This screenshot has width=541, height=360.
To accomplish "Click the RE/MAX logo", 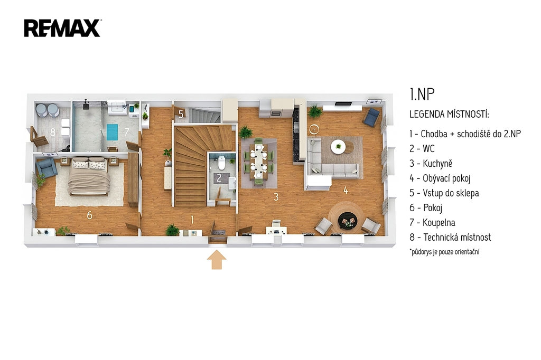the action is [62, 28].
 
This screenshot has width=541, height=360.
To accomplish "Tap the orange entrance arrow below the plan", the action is [217, 260].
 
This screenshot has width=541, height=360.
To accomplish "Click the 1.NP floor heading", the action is [422, 94].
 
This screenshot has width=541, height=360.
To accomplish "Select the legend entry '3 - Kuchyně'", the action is [431, 164].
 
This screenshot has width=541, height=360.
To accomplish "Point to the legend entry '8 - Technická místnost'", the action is [450, 237].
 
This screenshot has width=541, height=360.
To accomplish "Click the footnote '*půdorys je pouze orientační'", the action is [444, 252].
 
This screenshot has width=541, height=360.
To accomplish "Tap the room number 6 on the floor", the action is [89, 215].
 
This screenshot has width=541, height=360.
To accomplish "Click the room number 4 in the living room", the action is [346, 190].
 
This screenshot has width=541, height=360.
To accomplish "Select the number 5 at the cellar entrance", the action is [181, 114].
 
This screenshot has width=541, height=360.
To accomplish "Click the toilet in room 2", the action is [221, 163].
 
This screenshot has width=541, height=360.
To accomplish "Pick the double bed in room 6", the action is [89, 176].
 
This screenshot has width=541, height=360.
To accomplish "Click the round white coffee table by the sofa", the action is [338, 147].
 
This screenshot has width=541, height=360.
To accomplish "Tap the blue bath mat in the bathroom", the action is [112, 132].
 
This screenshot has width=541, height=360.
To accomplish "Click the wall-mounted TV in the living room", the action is [343, 103].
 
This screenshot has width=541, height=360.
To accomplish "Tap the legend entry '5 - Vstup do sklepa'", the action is [444, 193].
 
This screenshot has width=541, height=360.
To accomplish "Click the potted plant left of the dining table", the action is [245, 132].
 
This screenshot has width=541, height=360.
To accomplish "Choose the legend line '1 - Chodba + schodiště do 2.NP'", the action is [465, 134].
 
